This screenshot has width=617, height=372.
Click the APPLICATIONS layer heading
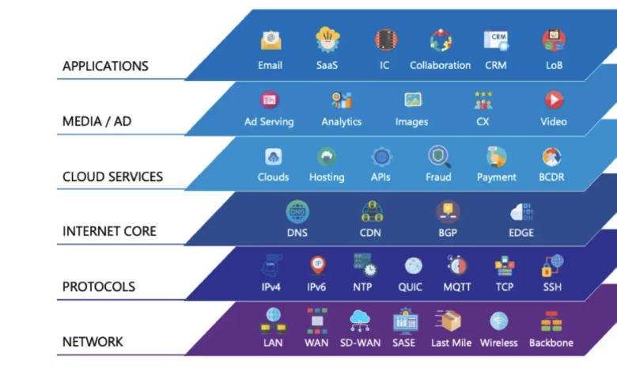pyautogui.click(x=105, y=66)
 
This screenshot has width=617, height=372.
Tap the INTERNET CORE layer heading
pyautogui.click(x=109, y=232)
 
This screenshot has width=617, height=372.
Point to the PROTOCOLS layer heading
pyautogui.click(x=99, y=287)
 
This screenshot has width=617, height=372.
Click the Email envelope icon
pyautogui.click(x=271, y=39)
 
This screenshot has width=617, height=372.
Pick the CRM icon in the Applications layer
pyautogui.click(x=496, y=40)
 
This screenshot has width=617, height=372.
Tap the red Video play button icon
pyautogui.click(x=554, y=100)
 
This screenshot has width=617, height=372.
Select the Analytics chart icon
pyautogui.click(x=342, y=100)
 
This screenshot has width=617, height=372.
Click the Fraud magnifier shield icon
pyautogui.click(x=438, y=155)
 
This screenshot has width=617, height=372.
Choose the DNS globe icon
pyautogui.click(x=297, y=211)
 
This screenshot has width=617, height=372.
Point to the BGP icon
pyautogui.click(x=448, y=211)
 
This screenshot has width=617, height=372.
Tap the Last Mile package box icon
pyautogui.click(x=452, y=321)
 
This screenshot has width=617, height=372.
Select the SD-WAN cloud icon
pyautogui.click(x=361, y=320)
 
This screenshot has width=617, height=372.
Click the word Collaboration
pyautogui.click(x=440, y=66)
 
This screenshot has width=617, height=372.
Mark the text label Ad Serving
pyautogui.click(x=269, y=122)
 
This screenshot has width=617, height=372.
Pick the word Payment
pyautogui.click(x=497, y=177)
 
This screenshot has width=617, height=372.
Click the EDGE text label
pyautogui.click(x=521, y=233)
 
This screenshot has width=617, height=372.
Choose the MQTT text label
pyautogui.click(x=456, y=287)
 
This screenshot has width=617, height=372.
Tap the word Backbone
pyautogui.click(x=551, y=343)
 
